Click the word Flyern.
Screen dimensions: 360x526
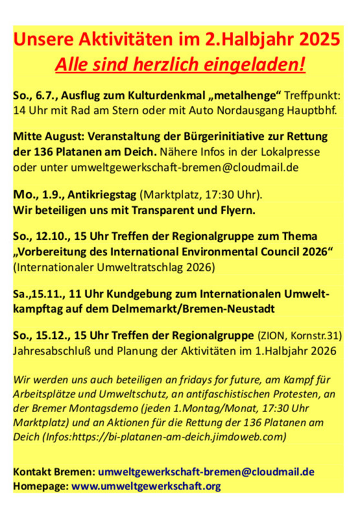235,210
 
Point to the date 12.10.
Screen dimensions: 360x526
51,238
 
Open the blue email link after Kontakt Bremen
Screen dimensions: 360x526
206,472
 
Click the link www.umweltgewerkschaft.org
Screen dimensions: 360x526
146,486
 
